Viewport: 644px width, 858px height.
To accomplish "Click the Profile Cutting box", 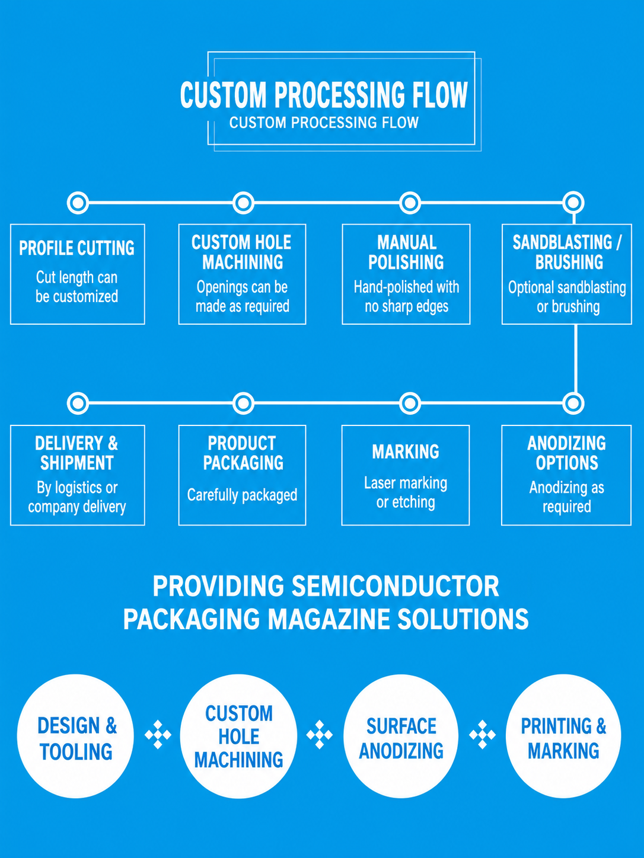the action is [78, 274].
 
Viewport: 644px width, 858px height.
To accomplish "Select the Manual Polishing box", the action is [406, 274].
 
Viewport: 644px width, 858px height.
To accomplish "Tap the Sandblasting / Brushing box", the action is [566, 274].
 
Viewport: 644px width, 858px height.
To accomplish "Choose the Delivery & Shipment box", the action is [78, 475].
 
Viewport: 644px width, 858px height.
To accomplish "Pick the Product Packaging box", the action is [242, 475].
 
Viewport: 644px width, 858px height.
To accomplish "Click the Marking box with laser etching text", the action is [406, 475].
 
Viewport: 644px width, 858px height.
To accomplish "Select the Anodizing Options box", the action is [566, 475].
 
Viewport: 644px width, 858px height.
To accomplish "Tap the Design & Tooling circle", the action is [75, 736].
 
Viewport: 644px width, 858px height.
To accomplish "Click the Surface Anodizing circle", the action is [401, 736].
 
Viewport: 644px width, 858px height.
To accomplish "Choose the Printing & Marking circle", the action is [563, 736].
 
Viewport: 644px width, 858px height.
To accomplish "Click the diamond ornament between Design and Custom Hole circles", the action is [158, 735].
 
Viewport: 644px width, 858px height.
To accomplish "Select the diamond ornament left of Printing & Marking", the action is [483, 735].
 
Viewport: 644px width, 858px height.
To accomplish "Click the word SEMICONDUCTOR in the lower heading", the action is [396, 587].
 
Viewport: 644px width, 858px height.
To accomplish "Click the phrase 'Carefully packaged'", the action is [242, 495].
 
